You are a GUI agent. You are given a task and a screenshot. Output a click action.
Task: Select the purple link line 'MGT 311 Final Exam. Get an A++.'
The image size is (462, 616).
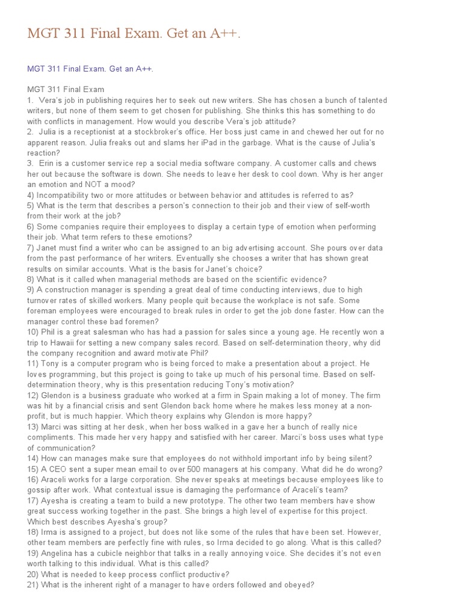pos(90,69)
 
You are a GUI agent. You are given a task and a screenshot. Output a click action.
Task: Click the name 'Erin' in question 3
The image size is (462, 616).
pos(47,163)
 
